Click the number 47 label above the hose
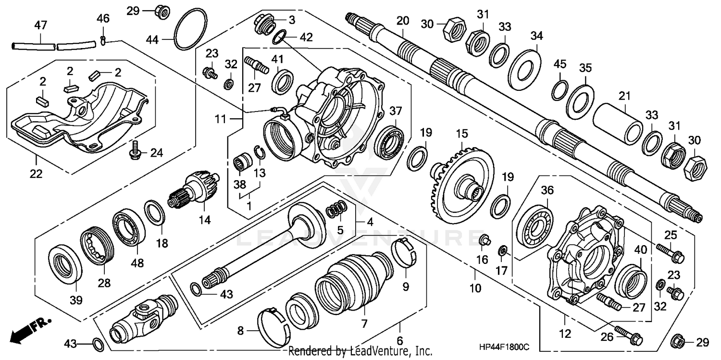[x=40, y=25]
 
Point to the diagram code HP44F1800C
[x=503, y=346]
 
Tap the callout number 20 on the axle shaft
[x=402, y=21]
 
